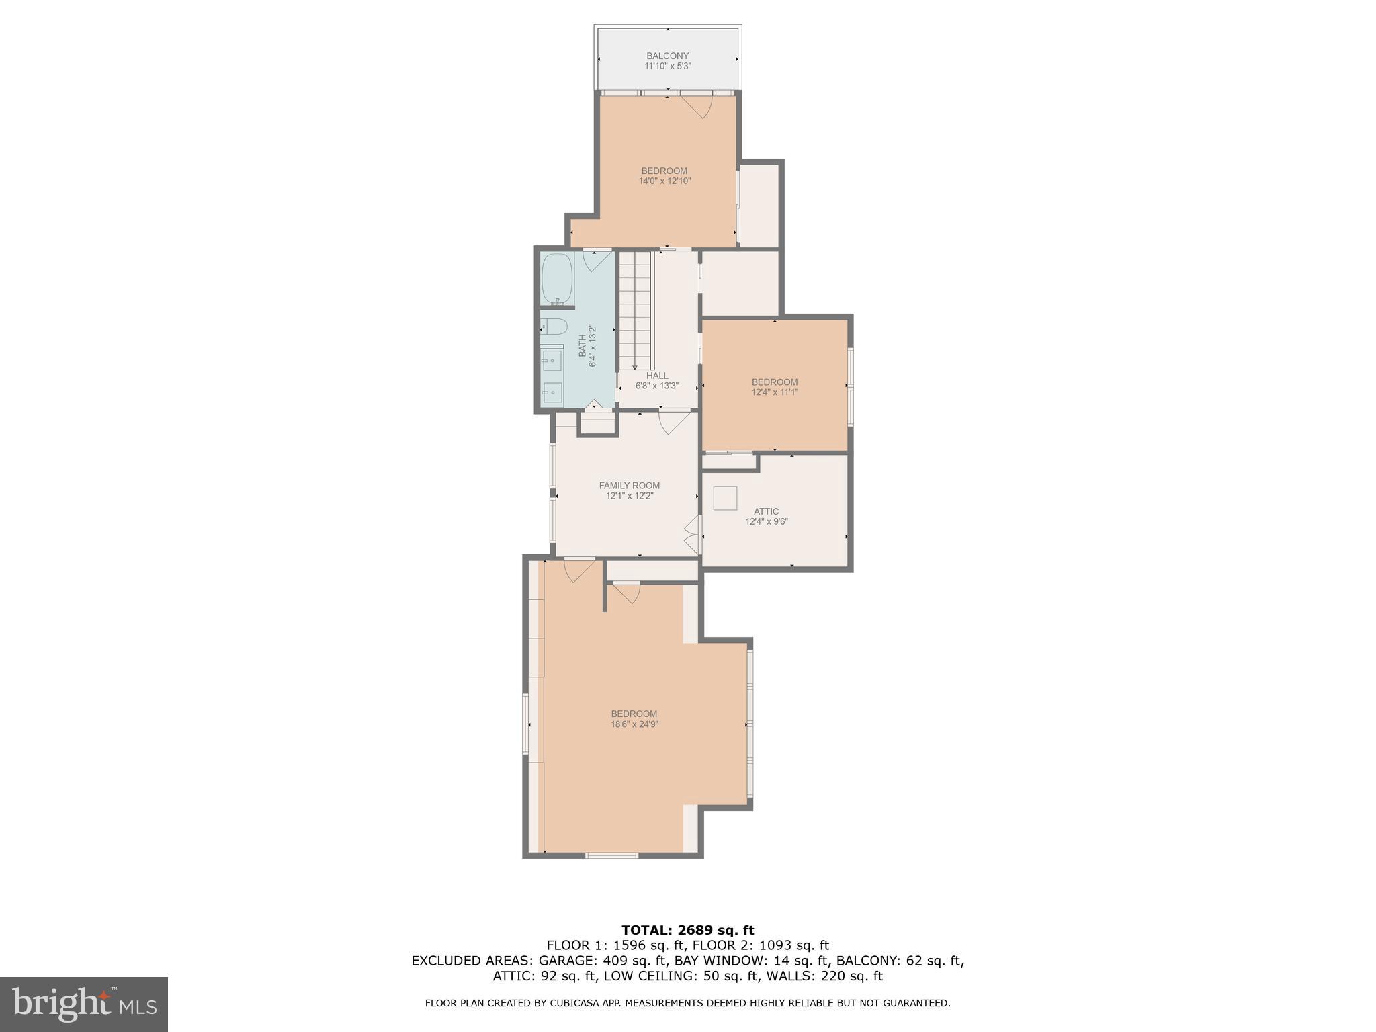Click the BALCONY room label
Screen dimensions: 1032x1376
pyautogui.click(x=667, y=56)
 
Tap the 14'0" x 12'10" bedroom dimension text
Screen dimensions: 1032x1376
pyautogui.click(x=664, y=181)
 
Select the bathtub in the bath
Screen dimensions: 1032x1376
pyautogui.click(x=556, y=278)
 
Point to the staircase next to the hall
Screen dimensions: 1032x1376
pyautogui.click(x=635, y=309)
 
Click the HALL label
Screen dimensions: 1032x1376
pyautogui.click(x=657, y=376)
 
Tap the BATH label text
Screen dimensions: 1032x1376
pyautogui.click(x=582, y=345)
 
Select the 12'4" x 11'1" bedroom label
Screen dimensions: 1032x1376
pyautogui.click(x=775, y=387)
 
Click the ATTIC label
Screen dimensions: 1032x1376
pyautogui.click(x=766, y=511)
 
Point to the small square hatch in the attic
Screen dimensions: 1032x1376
pyautogui.click(x=725, y=498)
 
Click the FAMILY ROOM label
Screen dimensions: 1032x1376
pyautogui.click(x=629, y=486)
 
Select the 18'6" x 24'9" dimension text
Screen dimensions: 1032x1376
pyautogui.click(x=634, y=724)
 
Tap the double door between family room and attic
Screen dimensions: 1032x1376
pyautogui.click(x=692, y=535)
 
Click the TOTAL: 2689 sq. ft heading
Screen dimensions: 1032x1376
pyautogui.click(x=687, y=931)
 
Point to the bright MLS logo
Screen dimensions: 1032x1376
pyautogui.click(x=84, y=1004)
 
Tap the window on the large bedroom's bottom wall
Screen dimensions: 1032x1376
pyautogui.click(x=611, y=855)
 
